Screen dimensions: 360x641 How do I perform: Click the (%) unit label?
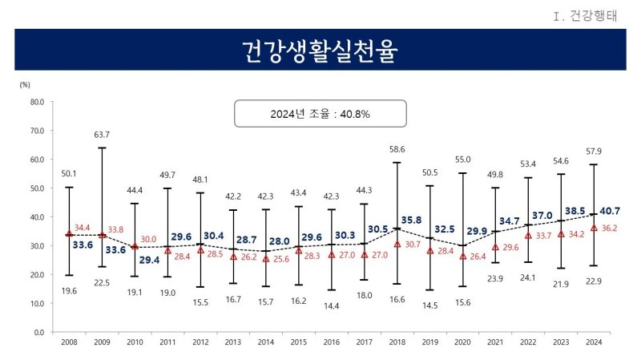click(x=25, y=83)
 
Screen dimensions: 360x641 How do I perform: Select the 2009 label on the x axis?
click(x=102, y=342)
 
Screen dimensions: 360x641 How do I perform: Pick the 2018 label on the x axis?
click(x=397, y=342)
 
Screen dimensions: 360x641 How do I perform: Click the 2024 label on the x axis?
click(x=593, y=342)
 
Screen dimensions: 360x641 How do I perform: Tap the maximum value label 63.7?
click(x=102, y=135)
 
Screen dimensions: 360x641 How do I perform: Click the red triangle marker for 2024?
click(x=593, y=228)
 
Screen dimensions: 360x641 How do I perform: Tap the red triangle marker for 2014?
click(x=266, y=258)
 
